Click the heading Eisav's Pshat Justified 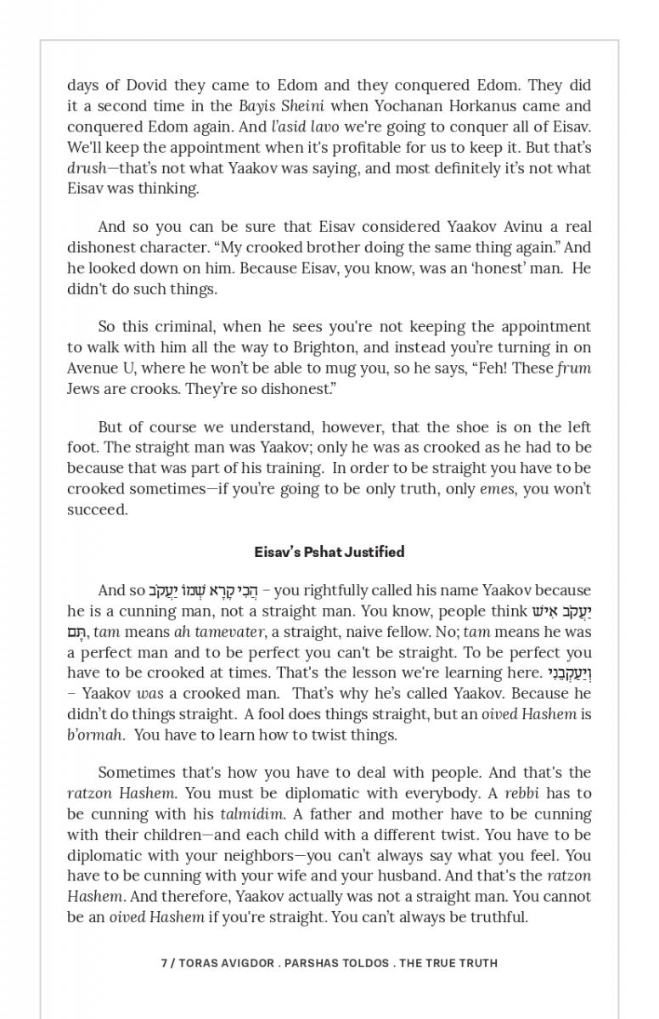point(329,552)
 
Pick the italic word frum point(574,368)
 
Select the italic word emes point(497,489)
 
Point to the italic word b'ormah point(95,735)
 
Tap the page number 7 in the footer point(164,963)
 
